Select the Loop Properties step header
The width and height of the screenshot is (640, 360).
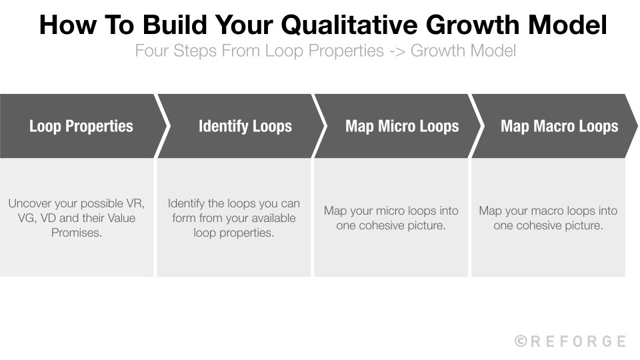point(81,126)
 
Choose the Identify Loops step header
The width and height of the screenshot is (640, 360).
point(245,126)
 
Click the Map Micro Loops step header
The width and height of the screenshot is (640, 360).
point(402,126)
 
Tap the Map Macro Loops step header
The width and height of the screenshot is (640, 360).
point(559,126)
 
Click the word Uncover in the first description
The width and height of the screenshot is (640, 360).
point(31,203)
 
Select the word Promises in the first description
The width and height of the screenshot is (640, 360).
point(77,233)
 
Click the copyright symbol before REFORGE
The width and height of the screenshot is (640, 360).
point(521,341)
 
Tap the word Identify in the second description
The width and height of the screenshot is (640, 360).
point(188,203)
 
